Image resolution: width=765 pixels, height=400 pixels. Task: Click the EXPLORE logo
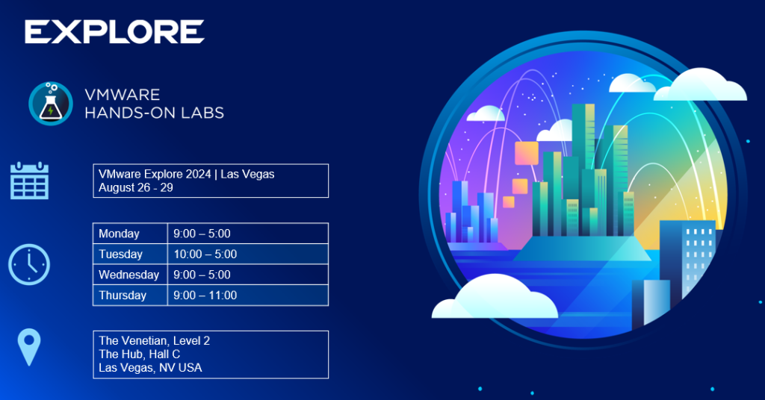(114, 32)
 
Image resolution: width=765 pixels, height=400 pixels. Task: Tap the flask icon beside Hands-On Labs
(51, 103)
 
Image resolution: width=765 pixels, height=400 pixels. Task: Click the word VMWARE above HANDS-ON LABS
(123, 95)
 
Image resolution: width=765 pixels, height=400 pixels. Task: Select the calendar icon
(29, 181)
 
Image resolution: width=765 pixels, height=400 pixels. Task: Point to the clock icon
(29, 265)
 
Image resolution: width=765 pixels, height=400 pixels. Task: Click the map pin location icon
(29, 347)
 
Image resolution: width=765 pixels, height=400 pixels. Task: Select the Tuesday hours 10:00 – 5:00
(205, 254)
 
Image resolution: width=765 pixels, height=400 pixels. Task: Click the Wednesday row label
(128, 275)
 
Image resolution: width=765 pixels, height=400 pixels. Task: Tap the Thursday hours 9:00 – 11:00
(205, 296)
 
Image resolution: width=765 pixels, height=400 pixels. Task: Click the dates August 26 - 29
(136, 187)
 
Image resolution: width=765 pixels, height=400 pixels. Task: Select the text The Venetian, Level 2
(154, 340)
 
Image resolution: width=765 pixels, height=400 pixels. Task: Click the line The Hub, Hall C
(140, 354)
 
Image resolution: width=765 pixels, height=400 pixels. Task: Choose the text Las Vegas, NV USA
(150, 368)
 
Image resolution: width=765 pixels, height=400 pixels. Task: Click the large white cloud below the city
(495, 298)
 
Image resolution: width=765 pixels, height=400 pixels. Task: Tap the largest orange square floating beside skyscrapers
(527, 153)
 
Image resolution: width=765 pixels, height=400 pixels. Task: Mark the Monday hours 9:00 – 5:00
(202, 234)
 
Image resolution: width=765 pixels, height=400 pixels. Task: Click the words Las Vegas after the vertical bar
(247, 174)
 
